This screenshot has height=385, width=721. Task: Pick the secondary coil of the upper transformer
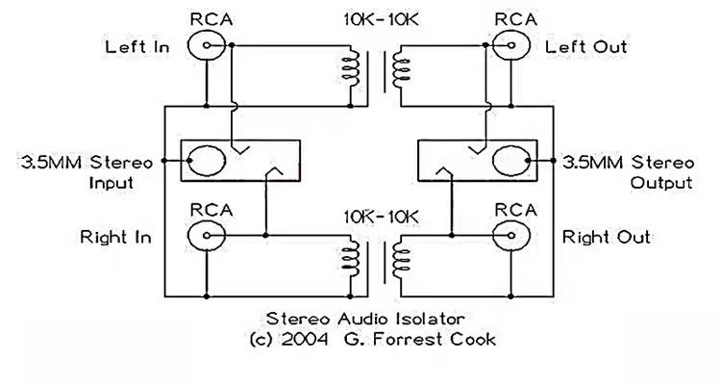399,71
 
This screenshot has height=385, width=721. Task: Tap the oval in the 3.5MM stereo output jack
511,159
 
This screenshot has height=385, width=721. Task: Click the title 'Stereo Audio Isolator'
360,317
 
